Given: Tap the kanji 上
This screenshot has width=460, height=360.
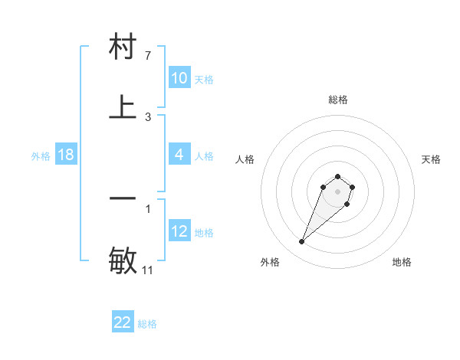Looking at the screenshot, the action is click(x=123, y=107).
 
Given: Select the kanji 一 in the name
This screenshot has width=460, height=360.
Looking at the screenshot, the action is click(x=123, y=198).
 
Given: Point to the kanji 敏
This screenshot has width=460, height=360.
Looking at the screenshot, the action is click(x=123, y=259).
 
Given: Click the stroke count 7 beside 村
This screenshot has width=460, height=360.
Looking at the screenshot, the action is click(x=148, y=56).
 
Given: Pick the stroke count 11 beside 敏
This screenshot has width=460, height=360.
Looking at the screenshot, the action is click(x=148, y=270).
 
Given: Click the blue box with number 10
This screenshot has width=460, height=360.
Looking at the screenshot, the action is click(x=179, y=78).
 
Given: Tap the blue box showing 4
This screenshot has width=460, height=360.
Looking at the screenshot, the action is click(x=179, y=155).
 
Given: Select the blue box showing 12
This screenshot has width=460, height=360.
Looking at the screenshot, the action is click(x=179, y=231).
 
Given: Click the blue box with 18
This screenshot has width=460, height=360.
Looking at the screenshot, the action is click(x=66, y=155).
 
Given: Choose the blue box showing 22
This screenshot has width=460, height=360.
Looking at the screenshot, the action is click(x=123, y=322).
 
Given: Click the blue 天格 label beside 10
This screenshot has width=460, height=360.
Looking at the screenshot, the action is click(x=204, y=80).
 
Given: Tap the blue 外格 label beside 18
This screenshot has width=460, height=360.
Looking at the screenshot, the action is click(x=41, y=156).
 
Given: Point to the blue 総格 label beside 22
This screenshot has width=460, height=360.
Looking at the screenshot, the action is click(x=147, y=324).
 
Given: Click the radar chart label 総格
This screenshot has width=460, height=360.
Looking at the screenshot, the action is click(x=338, y=100).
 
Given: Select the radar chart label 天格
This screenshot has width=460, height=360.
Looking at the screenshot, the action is click(x=432, y=159).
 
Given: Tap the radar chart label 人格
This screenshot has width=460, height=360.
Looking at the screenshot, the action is click(x=245, y=159).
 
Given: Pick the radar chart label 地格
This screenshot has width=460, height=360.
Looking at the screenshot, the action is click(x=402, y=262).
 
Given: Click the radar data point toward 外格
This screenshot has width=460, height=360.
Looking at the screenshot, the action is click(x=302, y=242).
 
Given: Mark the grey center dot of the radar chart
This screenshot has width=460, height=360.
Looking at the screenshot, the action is click(x=338, y=191).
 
